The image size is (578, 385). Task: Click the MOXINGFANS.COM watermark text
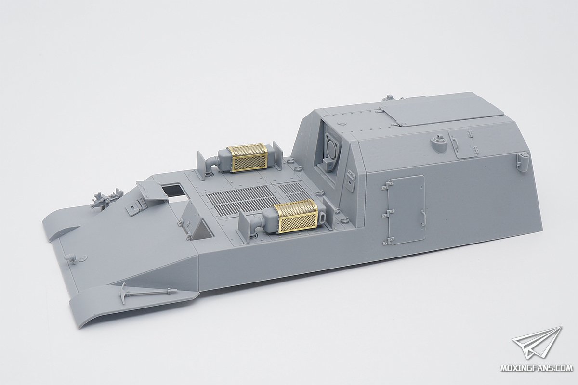pyautogui.click(x=537, y=375)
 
